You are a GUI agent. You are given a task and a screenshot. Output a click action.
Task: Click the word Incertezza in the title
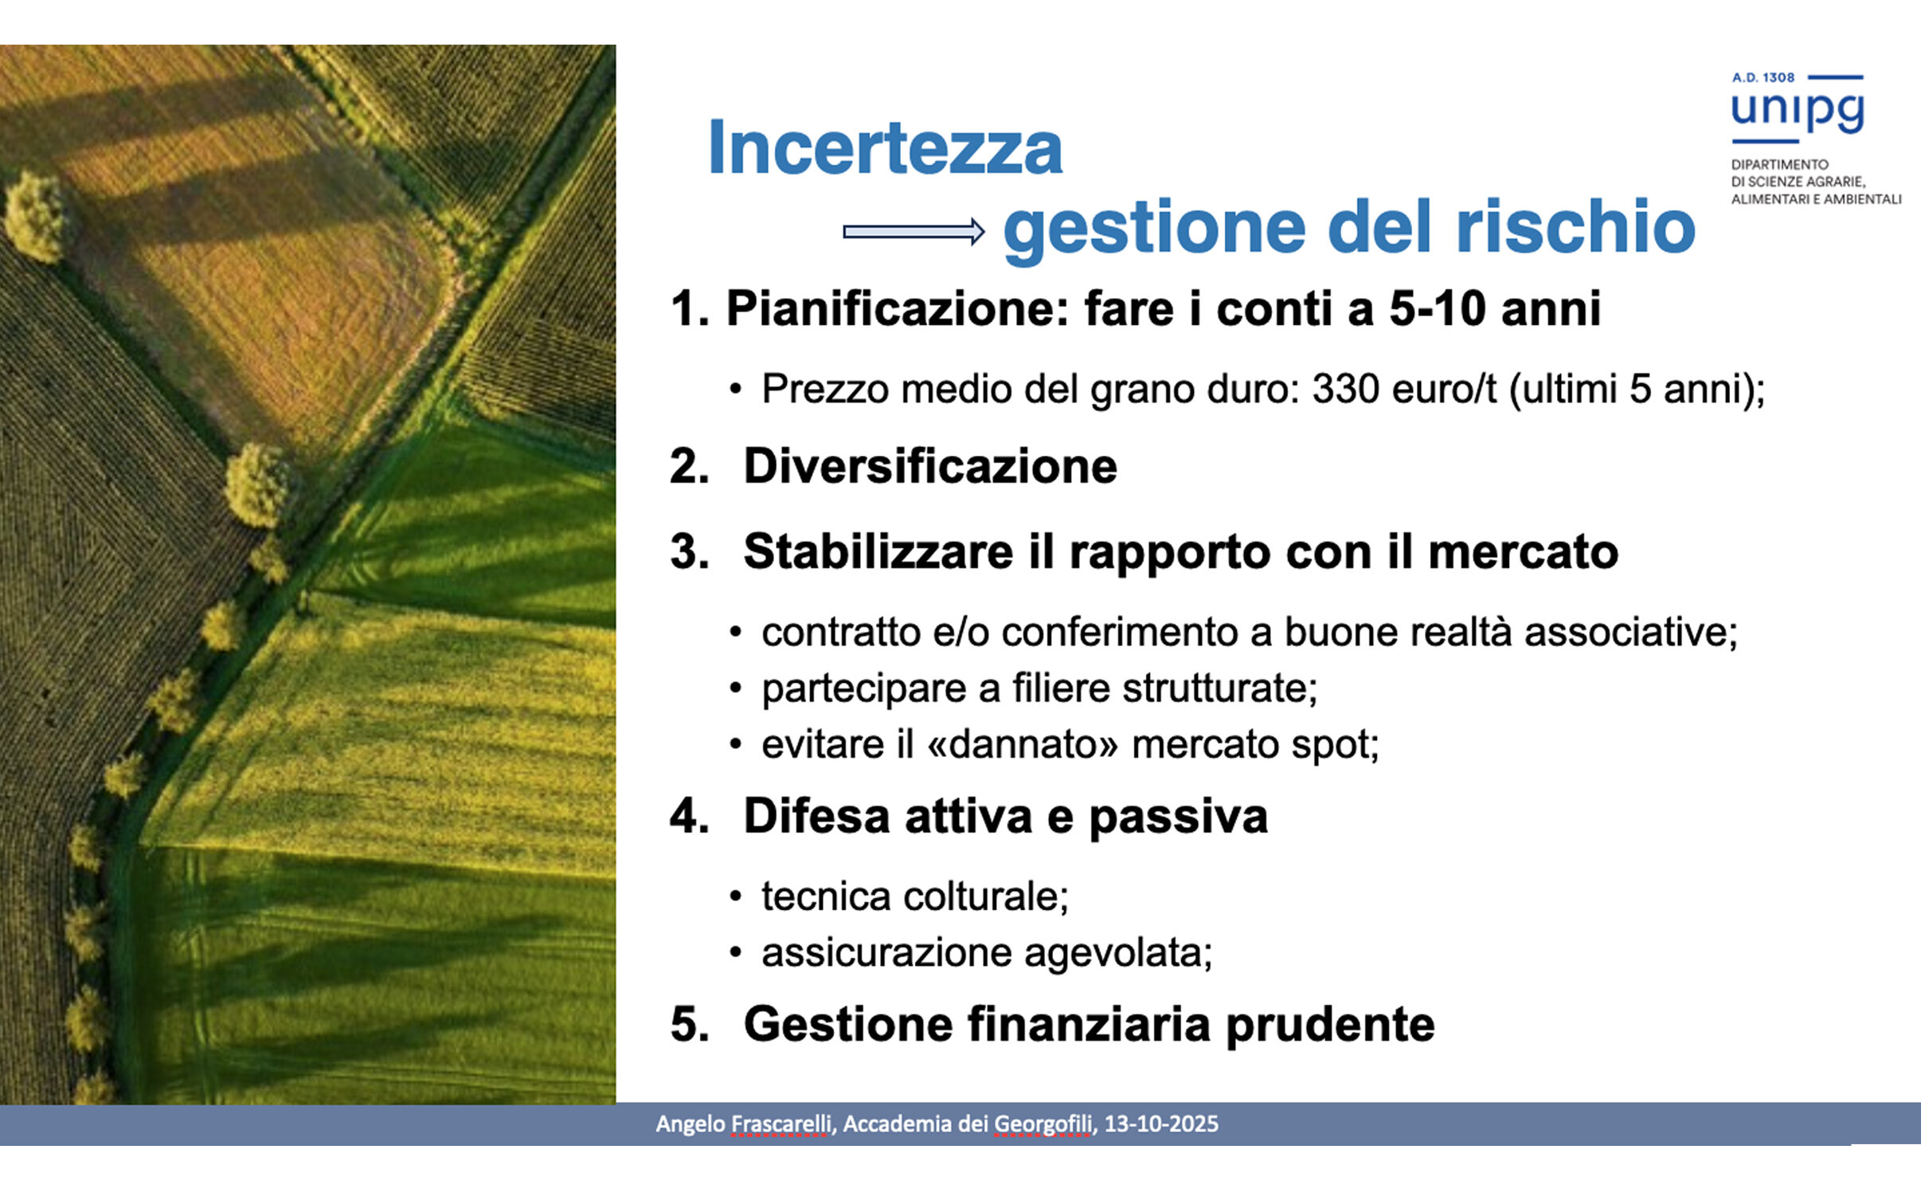pyautogui.click(x=885, y=147)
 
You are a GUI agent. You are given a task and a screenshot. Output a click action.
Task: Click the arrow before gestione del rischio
pyautogui.click(x=914, y=231)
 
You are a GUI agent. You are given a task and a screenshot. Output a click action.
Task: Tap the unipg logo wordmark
pyautogui.click(x=1798, y=111)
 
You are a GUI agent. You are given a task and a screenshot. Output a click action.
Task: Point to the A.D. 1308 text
pyautogui.click(x=1763, y=77)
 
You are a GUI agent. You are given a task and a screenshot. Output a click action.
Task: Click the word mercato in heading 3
pyautogui.click(x=1523, y=551)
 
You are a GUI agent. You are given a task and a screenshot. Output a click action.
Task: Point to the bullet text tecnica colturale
pyautogui.click(x=914, y=896)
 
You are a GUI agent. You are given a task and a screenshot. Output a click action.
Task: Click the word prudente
pyautogui.click(x=1330, y=1025)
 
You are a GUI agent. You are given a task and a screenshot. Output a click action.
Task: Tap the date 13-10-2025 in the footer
pyautogui.click(x=1161, y=1124)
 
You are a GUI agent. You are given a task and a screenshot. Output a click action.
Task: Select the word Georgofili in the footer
pyautogui.click(x=1043, y=1124)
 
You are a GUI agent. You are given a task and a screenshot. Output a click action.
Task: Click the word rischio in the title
pyautogui.click(x=1575, y=226)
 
